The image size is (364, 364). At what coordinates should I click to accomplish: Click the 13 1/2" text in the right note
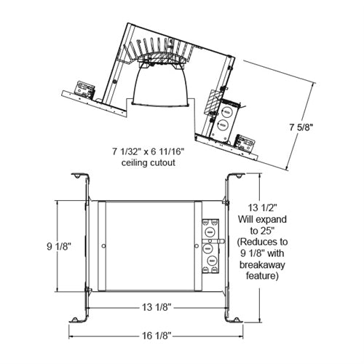point(261,207)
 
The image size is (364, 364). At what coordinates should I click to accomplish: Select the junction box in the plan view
point(210,245)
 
